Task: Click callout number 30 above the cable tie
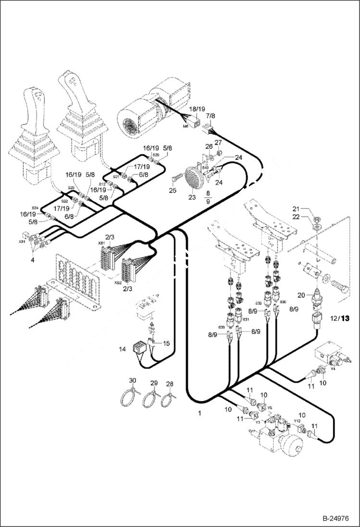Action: click(132, 380)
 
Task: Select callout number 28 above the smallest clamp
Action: click(170, 384)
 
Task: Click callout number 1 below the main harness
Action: click(199, 413)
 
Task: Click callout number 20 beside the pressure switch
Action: click(301, 295)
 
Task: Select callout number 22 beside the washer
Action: click(297, 217)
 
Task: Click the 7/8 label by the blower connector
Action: click(211, 116)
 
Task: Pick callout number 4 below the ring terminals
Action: click(32, 259)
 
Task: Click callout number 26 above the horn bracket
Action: click(209, 146)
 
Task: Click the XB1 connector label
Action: click(102, 244)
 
